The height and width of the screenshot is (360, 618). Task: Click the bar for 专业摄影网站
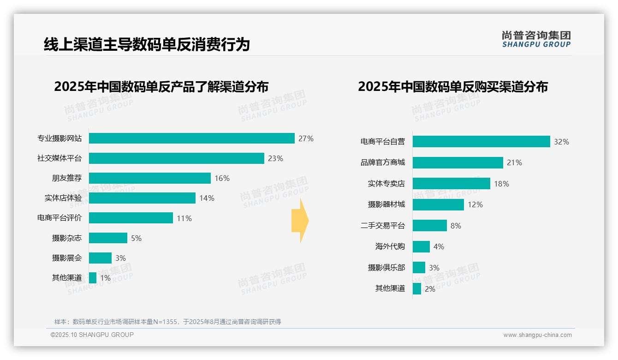click(191, 138)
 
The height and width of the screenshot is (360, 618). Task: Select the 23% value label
click(275, 158)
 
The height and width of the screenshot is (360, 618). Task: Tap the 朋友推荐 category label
click(66, 178)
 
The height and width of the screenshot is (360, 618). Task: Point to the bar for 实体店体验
click(142, 198)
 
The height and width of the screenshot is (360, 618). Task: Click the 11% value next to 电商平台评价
click(184, 218)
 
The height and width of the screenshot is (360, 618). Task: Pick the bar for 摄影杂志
click(108, 238)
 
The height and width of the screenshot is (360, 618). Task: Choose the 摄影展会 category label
click(66, 258)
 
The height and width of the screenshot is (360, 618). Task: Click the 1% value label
click(105, 278)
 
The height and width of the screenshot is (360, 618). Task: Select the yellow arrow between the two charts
click(300, 221)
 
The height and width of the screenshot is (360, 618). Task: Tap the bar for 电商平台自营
click(481, 142)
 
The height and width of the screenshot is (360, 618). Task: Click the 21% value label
click(514, 162)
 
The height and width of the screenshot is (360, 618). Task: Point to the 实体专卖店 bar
click(451, 184)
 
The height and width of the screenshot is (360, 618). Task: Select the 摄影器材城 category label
click(386, 204)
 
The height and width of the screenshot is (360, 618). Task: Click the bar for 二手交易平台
click(429, 226)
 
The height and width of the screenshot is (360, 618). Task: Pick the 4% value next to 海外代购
click(439, 247)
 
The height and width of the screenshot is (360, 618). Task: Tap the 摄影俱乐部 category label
click(386, 268)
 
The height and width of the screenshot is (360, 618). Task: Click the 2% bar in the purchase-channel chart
click(417, 289)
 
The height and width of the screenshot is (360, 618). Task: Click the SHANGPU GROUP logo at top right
click(536, 39)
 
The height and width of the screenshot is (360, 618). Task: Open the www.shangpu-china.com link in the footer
click(537, 335)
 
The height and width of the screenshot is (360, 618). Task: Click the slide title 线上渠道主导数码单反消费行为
click(147, 45)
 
